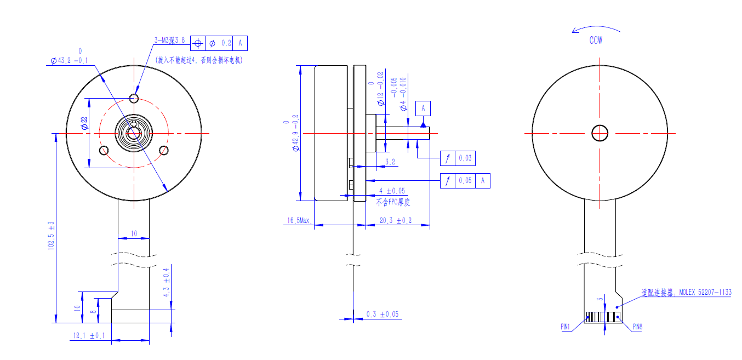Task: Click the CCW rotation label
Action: coord(596,41)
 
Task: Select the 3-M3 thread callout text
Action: coord(170,41)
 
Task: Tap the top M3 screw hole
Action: coord(134,98)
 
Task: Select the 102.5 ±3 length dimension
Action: coord(51,236)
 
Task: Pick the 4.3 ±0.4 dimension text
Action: coord(167,283)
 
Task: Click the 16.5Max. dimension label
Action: coord(299,221)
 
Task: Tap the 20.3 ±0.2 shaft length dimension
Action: coord(396,221)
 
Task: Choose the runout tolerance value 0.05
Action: coord(465,180)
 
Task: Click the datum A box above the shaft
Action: coord(423,108)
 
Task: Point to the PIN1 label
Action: coord(566,327)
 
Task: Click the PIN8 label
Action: coord(637,327)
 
